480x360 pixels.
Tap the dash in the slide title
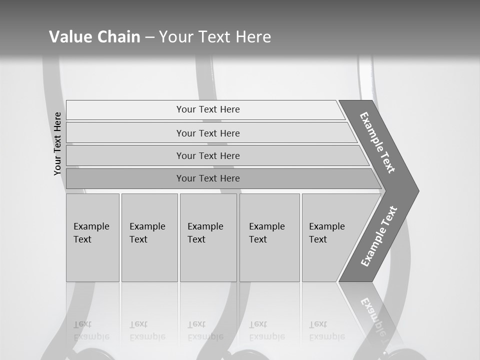pos(149,37)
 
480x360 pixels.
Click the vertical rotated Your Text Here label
pos(57,144)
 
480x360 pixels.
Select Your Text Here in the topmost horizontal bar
pos(208,109)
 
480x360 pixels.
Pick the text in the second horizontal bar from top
pos(208,133)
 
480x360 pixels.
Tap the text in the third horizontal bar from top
pos(208,156)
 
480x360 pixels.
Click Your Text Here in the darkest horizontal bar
pos(208,178)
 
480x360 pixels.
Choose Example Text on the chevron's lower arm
pos(379,236)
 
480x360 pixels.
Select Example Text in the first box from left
pos(91,233)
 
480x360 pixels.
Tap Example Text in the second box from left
pos(147,233)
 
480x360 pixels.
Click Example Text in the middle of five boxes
pos(205,233)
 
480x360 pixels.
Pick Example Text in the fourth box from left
pos(266,233)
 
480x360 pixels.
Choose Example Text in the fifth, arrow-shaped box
pos(326,233)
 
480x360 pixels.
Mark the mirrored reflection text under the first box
pos(91,330)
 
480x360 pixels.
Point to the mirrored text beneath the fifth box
pos(326,330)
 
